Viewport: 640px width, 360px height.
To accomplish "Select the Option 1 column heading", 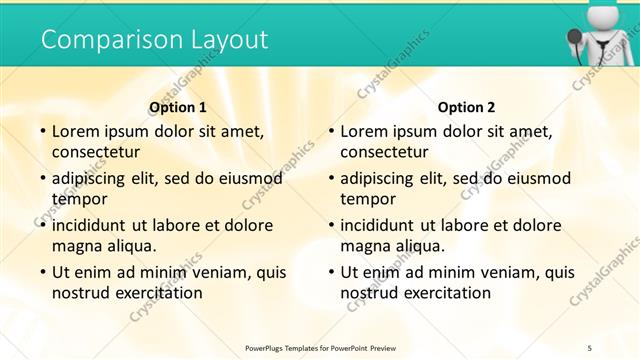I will click(178, 107).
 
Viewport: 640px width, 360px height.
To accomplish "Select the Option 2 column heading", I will click(466, 107).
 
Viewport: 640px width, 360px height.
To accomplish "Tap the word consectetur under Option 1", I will click(96, 152).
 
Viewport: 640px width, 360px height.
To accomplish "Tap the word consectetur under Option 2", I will click(385, 152).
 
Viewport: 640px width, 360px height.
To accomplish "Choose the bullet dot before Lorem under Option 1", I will click(41, 131).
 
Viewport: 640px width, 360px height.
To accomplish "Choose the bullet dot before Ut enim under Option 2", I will click(330, 272).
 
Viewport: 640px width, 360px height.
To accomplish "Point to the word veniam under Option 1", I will click(227, 272).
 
